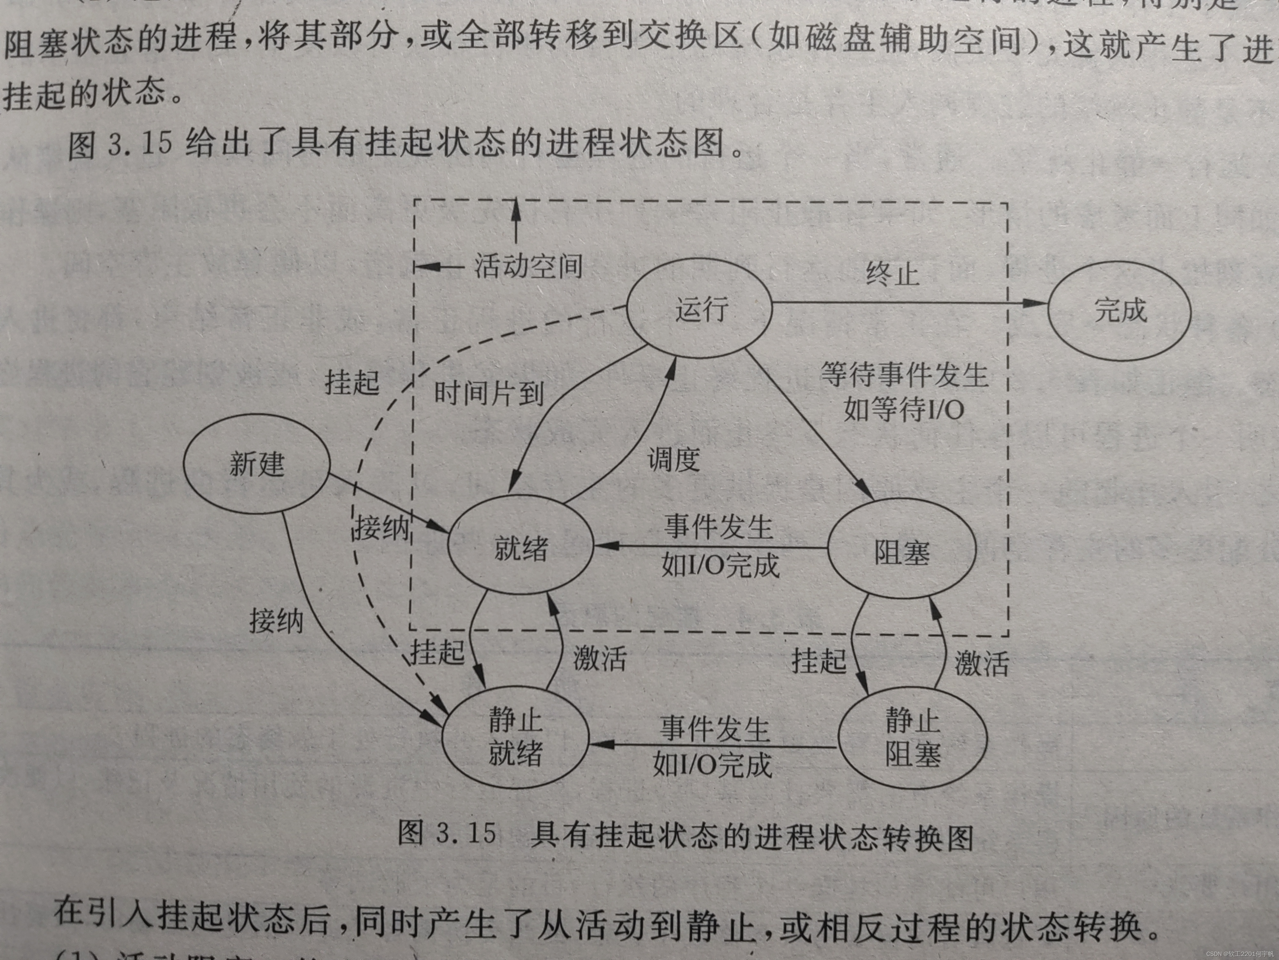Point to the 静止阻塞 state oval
913,738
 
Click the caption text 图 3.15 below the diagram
447,833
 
